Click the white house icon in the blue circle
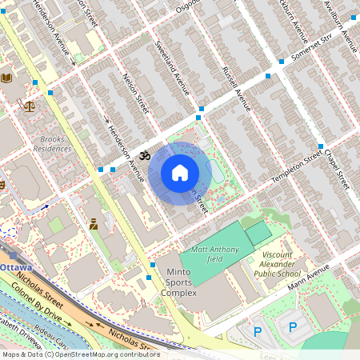tap(180, 173)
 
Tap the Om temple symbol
tap(145, 155)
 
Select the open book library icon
tap(7, 78)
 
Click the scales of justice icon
tap(30, 106)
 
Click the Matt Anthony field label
tap(214, 254)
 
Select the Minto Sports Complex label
tap(178, 282)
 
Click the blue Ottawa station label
tap(15, 266)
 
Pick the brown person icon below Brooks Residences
tap(94, 223)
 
